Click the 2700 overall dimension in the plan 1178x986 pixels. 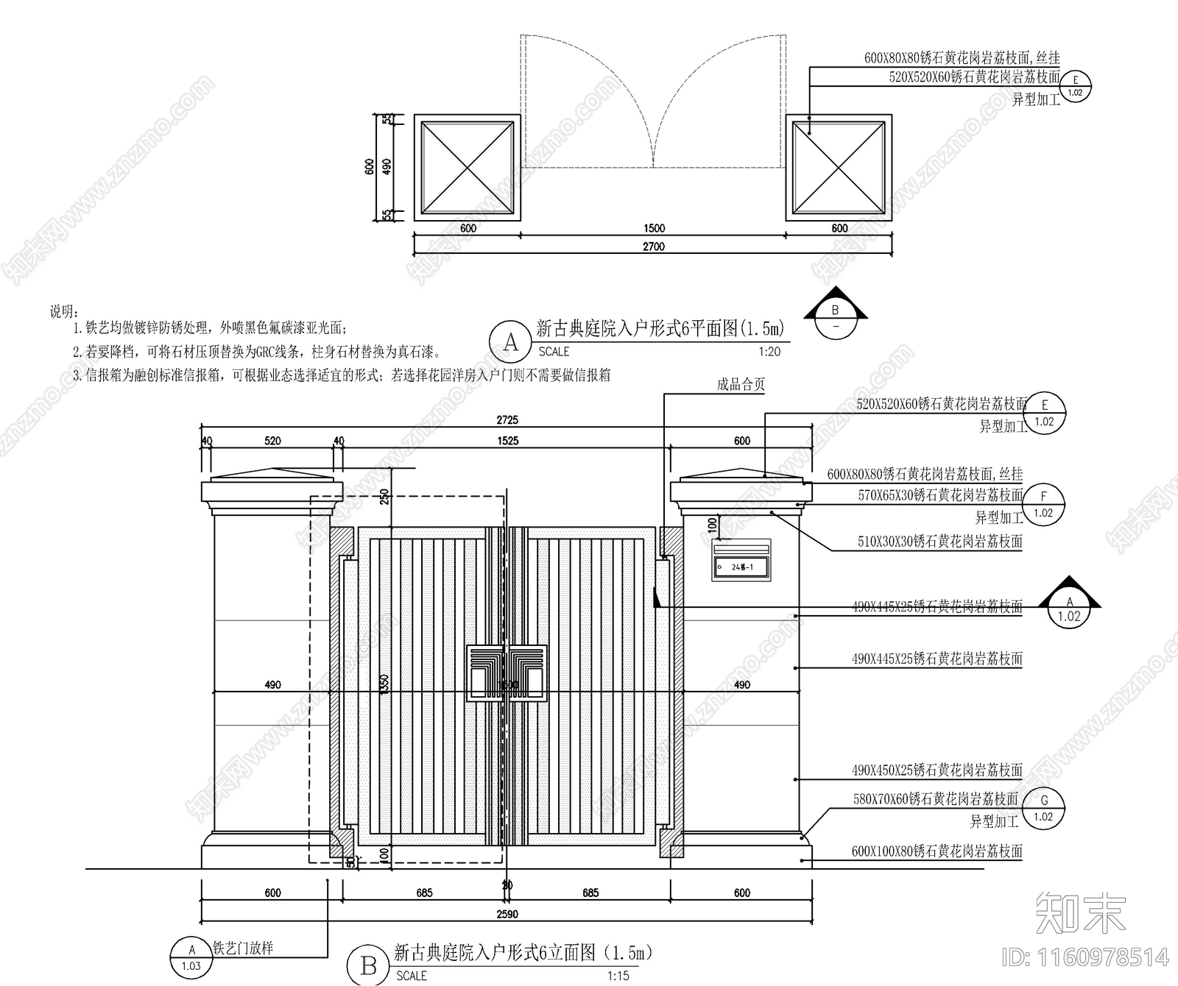coord(654,246)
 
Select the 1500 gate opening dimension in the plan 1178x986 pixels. coord(654,228)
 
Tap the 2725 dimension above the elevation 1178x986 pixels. coord(507,420)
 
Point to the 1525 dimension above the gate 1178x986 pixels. coord(507,441)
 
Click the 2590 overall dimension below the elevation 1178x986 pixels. coord(507,914)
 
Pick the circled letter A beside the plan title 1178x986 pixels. coord(510,342)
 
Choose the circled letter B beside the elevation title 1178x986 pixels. coord(369,966)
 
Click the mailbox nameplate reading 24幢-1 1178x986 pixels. coord(742,567)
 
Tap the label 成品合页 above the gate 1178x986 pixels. coord(741,384)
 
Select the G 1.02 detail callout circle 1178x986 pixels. coord(1043,808)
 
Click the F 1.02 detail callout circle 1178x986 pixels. coord(1043,504)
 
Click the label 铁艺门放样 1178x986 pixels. coord(243,948)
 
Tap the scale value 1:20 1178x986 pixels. coord(769,352)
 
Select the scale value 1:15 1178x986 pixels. coord(618,976)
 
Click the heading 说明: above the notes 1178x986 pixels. coord(64,312)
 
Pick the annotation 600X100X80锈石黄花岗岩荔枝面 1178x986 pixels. coord(937,851)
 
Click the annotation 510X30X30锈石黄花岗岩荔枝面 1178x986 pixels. coord(939,542)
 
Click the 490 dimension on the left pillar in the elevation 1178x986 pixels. coord(272,684)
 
